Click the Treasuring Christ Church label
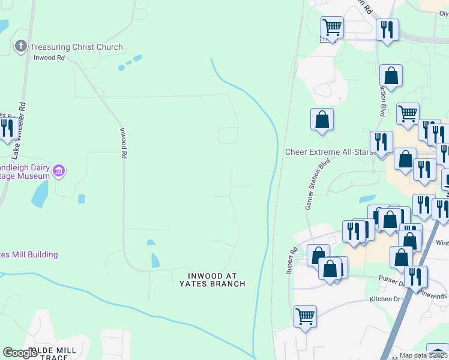(76, 47)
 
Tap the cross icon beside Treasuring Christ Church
(20, 46)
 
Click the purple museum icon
(58, 171)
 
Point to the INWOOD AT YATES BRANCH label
(212, 280)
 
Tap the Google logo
(20, 353)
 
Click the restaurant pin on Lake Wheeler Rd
(7, 128)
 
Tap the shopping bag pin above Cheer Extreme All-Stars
(322, 119)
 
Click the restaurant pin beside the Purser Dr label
(415, 277)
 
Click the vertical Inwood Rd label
(123, 143)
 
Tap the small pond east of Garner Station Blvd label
(366, 198)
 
